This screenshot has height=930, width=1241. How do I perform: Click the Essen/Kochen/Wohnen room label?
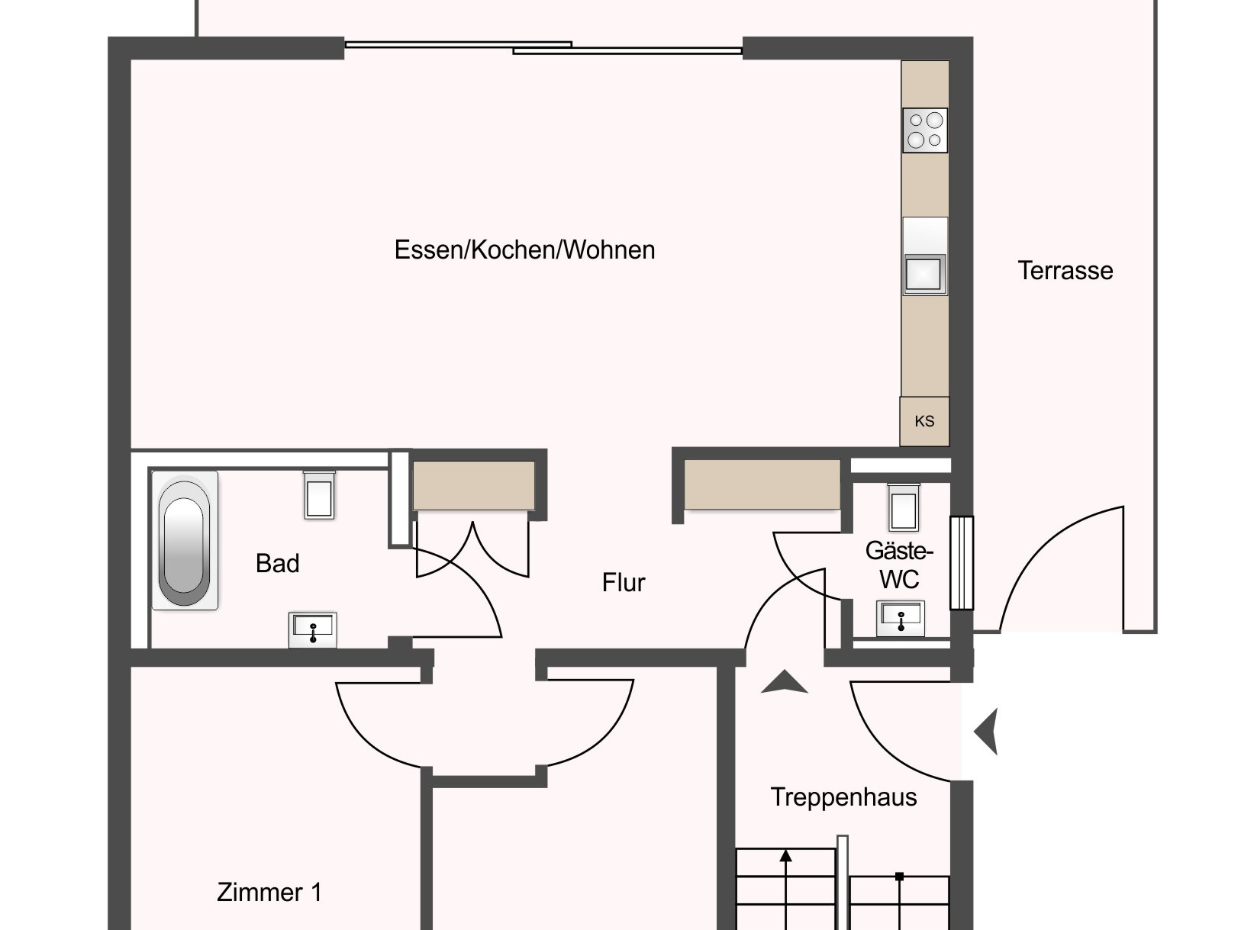pyautogui.click(x=524, y=249)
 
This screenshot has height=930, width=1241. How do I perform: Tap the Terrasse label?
pyautogui.click(x=1065, y=271)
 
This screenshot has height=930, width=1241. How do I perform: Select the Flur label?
pyautogui.click(x=623, y=583)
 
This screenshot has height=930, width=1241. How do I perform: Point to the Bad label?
pyautogui.click(x=277, y=563)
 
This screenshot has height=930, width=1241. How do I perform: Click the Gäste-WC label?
pyautogui.click(x=899, y=565)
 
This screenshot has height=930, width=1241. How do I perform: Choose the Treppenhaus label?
pyautogui.click(x=843, y=797)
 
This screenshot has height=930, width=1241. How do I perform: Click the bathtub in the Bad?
pyautogui.click(x=184, y=541)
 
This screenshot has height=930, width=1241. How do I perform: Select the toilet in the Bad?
pyautogui.click(x=320, y=495)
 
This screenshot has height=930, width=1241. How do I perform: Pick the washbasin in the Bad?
pyautogui.click(x=313, y=629)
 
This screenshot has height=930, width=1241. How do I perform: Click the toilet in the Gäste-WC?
pyautogui.click(x=904, y=507)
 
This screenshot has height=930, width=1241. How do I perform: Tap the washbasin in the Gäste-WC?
pyautogui.click(x=901, y=619)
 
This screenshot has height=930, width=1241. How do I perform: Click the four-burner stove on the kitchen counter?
pyautogui.click(x=925, y=130)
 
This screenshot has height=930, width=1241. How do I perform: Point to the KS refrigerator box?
pyautogui.click(x=924, y=421)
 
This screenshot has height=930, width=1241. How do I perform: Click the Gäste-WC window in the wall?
pyautogui.click(x=961, y=563)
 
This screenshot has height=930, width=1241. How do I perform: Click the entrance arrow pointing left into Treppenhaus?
pyautogui.click(x=986, y=731)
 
